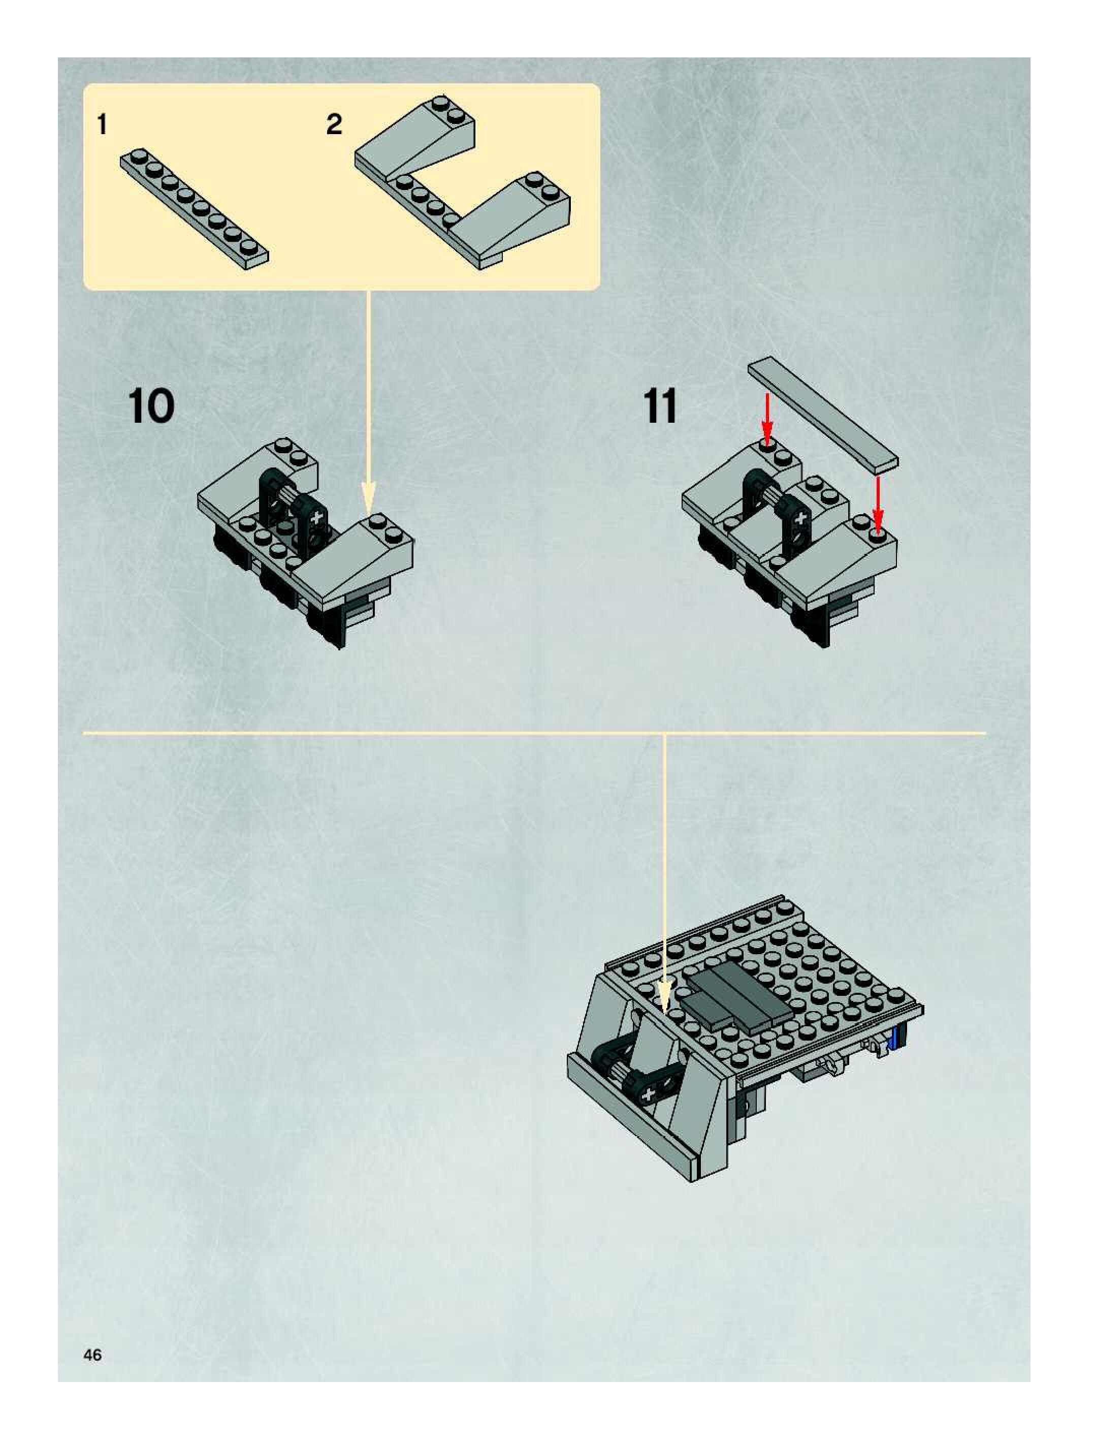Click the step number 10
point(152,406)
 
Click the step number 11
point(660,406)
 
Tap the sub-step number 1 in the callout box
point(102,124)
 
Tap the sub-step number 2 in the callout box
point(334,124)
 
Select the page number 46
point(92,1355)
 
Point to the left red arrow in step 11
point(767,418)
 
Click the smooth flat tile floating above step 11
point(822,413)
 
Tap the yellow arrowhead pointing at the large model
point(664,999)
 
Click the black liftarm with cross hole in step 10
point(317,519)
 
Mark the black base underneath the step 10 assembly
point(280,587)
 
